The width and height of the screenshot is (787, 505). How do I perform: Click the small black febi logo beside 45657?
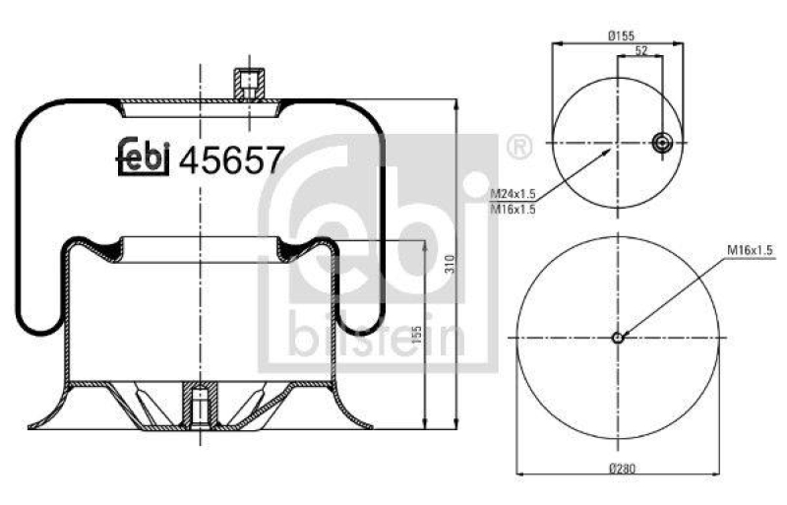click(145, 157)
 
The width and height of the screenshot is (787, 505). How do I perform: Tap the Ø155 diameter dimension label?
click(619, 35)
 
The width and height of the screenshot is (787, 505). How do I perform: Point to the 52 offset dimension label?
click(640, 50)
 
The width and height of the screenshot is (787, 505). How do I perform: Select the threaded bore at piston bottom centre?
click(200, 406)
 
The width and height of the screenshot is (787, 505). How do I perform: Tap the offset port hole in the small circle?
click(662, 145)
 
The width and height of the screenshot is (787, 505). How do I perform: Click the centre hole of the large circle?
click(618, 339)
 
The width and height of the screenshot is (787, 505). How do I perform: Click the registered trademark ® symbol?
click(517, 149)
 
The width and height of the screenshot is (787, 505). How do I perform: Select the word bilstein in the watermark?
click(377, 338)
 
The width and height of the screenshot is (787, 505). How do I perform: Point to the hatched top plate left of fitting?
click(177, 101)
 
